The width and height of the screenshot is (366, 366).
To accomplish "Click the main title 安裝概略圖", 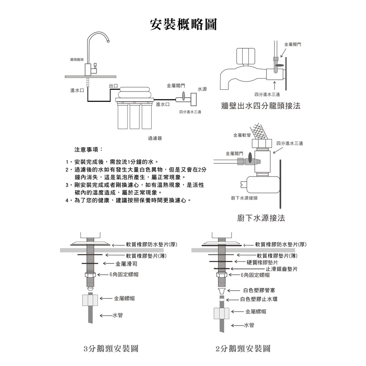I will (x=183, y=24).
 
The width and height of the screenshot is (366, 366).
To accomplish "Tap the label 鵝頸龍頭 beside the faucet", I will (x=77, y=60).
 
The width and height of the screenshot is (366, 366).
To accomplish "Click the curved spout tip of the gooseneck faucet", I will (x=107, y=41).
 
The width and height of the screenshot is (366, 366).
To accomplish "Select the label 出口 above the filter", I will (x=113, y=86).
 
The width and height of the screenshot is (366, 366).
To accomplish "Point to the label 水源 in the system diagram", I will (x=202, y=89).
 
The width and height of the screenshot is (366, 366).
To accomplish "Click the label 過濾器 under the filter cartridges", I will (x=155, y=138).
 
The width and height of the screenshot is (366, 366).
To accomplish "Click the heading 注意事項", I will (x=88, y=149).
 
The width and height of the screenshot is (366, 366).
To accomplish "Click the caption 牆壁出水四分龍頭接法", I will (x=261, y=106).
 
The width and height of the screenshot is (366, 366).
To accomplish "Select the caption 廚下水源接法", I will (x=261, y=218).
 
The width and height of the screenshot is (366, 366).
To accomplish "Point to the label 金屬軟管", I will (x=242, y=135).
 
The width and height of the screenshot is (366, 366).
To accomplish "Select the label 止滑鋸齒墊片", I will (x=282, y=269).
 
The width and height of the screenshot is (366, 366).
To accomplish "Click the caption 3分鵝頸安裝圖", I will (x=110, y=348).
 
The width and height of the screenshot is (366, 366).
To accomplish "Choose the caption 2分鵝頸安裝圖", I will (x=243, y=348).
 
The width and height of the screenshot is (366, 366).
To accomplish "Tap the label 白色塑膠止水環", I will (x=259, y=300).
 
